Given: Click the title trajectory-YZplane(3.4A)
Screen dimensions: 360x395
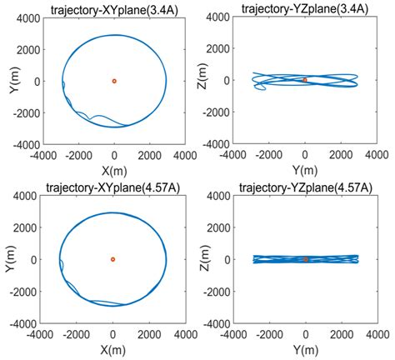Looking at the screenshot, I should (x=305, y=8).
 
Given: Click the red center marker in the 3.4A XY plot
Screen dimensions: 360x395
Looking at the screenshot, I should (x=114, y=81).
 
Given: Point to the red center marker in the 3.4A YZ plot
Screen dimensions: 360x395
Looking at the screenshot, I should (x=305, y=80).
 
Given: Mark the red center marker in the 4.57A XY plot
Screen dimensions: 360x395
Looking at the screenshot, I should (x=113, y=259).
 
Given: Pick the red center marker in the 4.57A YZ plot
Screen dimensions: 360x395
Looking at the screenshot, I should (x=305, y=259).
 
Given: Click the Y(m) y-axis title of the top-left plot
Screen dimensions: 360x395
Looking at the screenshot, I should (x=13, y=81).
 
